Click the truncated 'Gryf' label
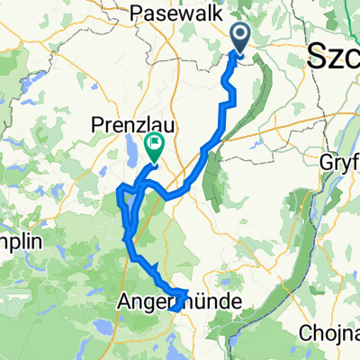[x=339, y=163]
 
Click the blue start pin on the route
[x=241, y=37]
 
